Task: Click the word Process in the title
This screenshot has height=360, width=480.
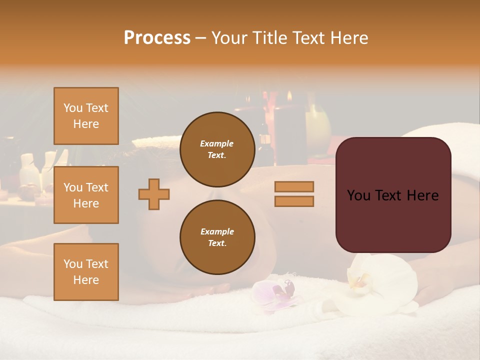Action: coord(157,37)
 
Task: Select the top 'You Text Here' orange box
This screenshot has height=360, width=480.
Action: coord(86,116)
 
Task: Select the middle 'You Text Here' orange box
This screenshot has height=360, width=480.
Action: coord(86,195)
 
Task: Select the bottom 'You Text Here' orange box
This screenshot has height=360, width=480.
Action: coord(86,272)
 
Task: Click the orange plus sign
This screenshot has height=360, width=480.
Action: coord(154,193)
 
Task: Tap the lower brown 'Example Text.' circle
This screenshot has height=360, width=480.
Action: coord(217,237)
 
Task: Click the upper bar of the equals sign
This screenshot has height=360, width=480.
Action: coord(294,186)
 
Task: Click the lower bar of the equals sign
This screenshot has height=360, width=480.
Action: coord(294,201)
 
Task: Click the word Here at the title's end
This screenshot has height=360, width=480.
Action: coord(349,37)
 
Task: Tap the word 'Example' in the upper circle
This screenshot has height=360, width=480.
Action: coord(217,143)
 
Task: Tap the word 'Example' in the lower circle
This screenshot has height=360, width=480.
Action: coord(217,231)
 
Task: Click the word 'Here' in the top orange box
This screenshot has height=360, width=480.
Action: coord(86,124)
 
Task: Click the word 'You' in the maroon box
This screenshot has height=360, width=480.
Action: coord(358,195)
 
